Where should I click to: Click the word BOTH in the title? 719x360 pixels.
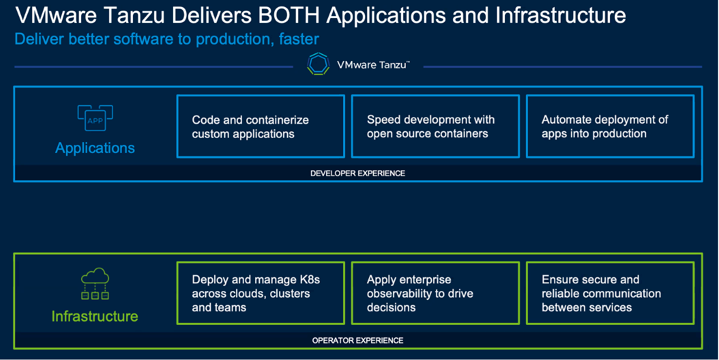coord(288,15)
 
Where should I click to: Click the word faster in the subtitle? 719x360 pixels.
coord(299,39)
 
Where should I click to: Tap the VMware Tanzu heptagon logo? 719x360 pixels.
coord(318,64)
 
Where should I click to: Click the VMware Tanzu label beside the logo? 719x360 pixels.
coord(373,65)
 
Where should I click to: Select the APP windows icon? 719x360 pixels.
coord(95,118)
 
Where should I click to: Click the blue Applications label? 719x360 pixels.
coord(95,148)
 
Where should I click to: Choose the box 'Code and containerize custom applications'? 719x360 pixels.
coord(261,126)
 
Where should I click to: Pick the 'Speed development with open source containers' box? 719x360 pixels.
coord(435,126)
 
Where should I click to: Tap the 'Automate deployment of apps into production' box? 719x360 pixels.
coord(610,126)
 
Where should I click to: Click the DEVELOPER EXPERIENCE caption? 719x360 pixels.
coord(358,173)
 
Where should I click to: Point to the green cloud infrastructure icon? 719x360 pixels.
coord(95,284)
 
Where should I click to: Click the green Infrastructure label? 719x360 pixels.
coord(95,317)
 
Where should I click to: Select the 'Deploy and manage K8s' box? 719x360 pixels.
coord(261,293)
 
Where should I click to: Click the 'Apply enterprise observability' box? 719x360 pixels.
coord(435,293)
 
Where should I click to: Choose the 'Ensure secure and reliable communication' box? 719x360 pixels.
coord(610,293)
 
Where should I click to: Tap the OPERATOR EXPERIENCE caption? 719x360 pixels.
coord(358,340)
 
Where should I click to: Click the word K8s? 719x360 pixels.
coord(310,279)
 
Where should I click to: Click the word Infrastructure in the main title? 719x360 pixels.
coord(561,15)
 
